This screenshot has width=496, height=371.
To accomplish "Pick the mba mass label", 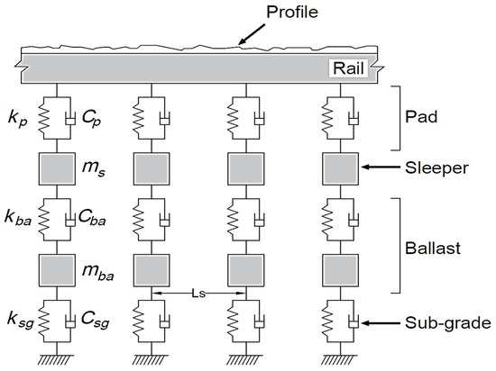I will (111, 271).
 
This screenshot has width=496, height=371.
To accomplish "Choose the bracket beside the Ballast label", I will (395, 245).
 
